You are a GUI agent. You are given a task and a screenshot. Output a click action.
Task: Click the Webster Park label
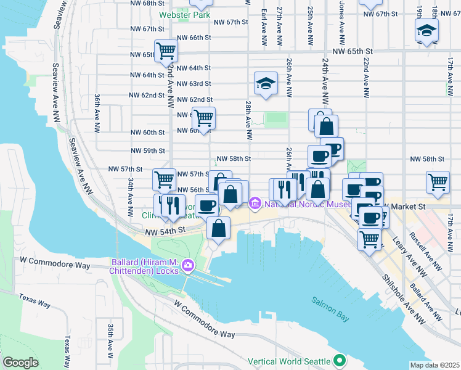(184, 14)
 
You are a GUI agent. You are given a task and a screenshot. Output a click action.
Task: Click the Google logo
(20, 363)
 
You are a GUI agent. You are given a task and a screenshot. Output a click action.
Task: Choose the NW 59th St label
(149, 150)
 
